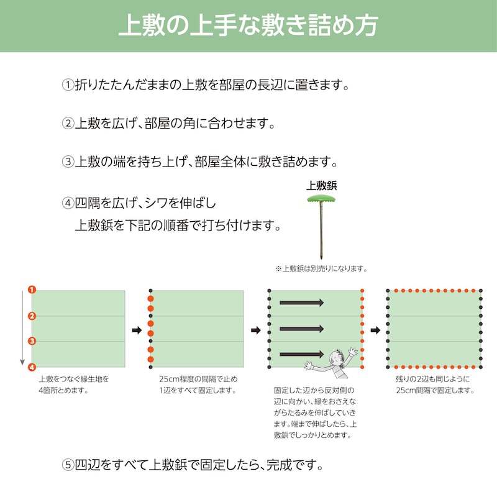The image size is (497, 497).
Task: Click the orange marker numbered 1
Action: tap(32, 290)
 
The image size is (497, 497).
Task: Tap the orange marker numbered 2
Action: tap(32, 316)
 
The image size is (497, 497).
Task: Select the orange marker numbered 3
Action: tap(32, 341)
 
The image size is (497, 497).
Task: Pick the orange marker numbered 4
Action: tap(32, 367)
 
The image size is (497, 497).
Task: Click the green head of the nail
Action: tap(321, 199)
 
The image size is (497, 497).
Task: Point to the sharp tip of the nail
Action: tap(321, 258)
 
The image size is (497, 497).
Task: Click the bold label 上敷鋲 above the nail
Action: tap(321, 186)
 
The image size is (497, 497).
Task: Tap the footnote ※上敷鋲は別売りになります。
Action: tap(321, 269)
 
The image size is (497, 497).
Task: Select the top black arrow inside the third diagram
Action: tap(301, 303)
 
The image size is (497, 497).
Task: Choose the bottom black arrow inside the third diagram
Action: tap(301, 354)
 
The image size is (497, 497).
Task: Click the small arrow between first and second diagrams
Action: tap(137, 331)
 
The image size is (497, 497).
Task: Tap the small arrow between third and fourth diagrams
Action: tap(375, 331)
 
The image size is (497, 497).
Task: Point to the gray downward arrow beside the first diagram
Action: tap(22, 328)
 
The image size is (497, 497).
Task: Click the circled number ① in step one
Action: tap(68, 85)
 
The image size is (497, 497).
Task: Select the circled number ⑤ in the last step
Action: tap(68, 465)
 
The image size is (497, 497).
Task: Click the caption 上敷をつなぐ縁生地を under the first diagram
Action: tap(74, 379)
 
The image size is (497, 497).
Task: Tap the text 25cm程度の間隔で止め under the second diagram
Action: tap(198, 379)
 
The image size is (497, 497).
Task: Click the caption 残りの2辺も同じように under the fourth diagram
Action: tap(432, 379)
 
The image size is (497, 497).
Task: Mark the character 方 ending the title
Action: tap(366, 25)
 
